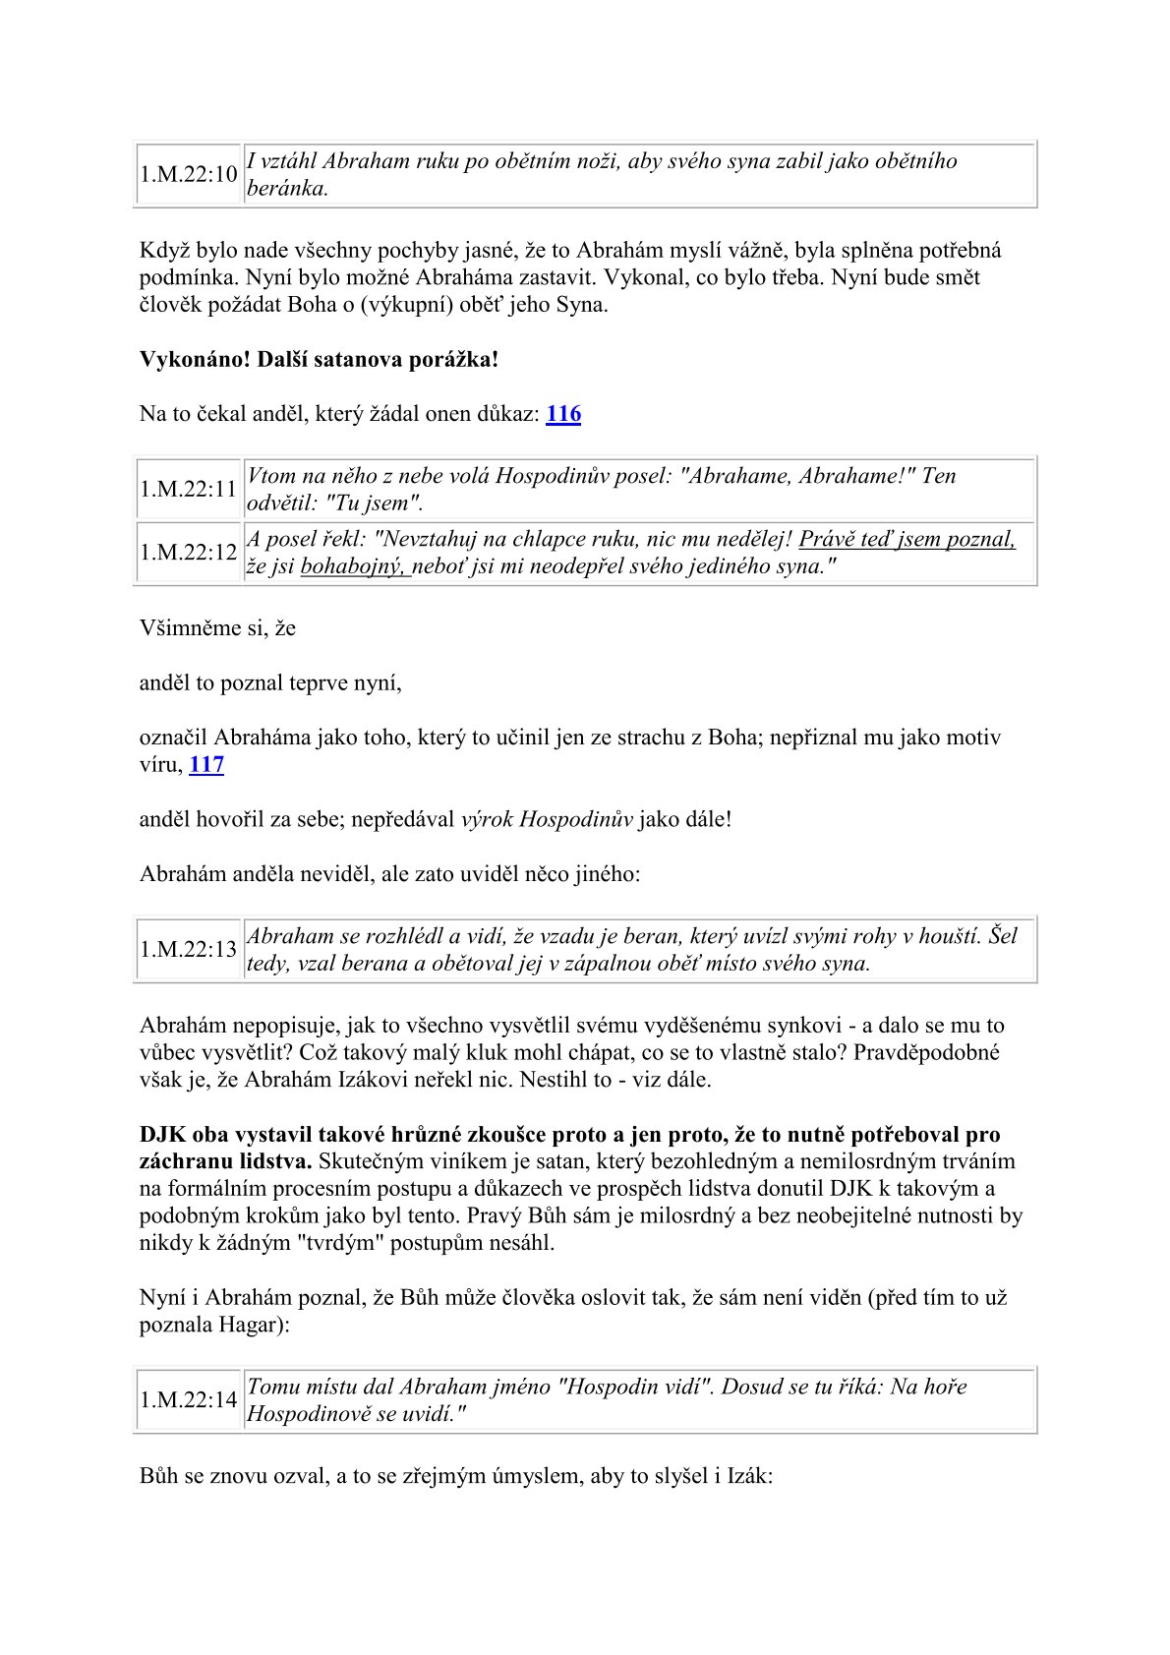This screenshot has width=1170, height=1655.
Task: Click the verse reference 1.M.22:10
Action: [189, 175]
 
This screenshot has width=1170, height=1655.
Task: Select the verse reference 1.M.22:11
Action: [189, 490]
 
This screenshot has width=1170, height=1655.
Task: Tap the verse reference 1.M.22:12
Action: [189, 553]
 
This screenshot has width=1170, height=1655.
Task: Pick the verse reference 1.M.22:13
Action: [189, 950]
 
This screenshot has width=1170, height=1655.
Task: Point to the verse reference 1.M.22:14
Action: [189, 1400]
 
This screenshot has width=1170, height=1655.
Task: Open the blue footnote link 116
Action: [563, 414]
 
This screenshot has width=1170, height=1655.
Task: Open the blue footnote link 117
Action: [206, 765]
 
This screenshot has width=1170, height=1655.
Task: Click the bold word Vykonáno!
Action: [195, 360]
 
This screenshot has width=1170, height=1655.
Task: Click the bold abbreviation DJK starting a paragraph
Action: [163, 1135]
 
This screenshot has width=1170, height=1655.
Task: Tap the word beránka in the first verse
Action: [286, 190]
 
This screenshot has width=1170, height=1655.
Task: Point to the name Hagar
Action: [255, 1326]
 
